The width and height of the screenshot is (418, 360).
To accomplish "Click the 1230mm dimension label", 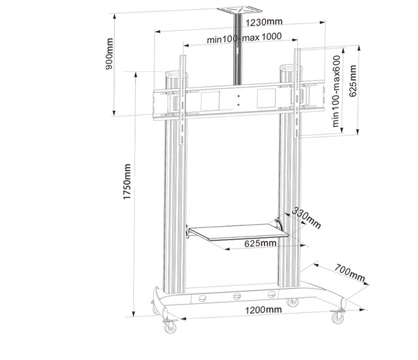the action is coord(264,22).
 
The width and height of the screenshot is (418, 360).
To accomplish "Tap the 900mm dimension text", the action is coord(109,54).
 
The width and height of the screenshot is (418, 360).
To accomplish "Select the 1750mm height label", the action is coord(127,182).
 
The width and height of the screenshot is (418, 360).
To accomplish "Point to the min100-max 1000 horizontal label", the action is coord(244,38).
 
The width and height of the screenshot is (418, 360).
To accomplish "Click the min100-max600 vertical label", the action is coord(336,91).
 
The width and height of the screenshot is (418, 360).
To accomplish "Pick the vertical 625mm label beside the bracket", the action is coord(353,81).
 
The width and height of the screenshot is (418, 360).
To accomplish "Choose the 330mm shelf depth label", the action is coord(306,218).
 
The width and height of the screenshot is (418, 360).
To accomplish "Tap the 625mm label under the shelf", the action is coord(260,243).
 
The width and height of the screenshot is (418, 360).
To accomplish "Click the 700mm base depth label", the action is coord(349,273).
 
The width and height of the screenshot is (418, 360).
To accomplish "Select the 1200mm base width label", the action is coord(263,310).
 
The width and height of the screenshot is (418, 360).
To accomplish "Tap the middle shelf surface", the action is coord(238,231).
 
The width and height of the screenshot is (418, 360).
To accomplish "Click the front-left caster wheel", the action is coord(170,327).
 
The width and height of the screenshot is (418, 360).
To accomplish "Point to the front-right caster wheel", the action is coord(338,318).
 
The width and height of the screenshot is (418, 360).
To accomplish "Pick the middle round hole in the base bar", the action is coord(237,296).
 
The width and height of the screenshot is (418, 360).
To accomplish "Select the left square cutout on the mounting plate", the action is coord(210,101).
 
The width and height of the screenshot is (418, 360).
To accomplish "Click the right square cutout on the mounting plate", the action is coord(266,99).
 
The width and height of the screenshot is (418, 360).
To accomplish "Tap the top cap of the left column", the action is coord(176,74).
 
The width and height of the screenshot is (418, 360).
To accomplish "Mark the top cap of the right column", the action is coord(291,67).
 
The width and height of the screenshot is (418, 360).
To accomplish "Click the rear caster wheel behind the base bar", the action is coord(292,302).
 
